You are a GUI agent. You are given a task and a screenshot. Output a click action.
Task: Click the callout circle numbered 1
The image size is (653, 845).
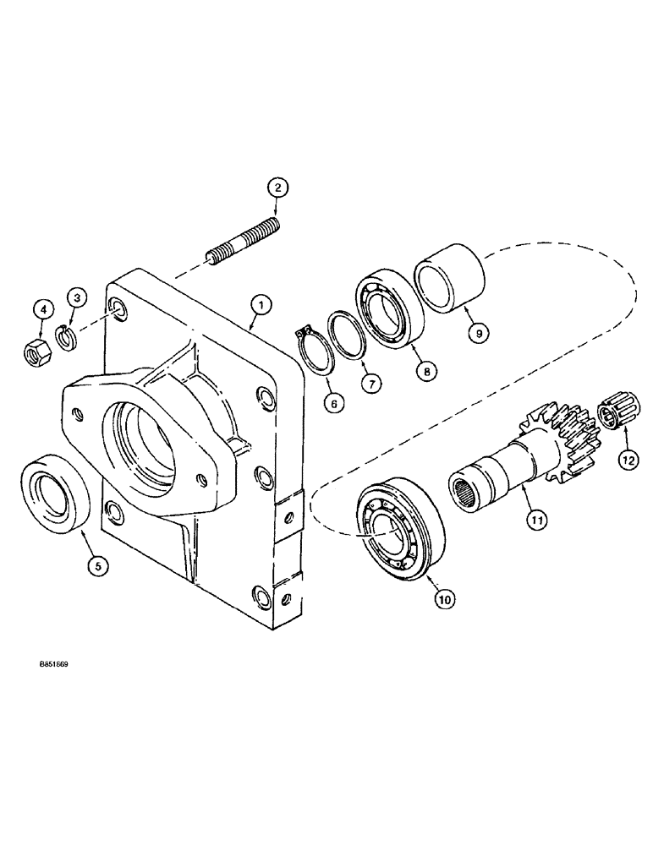261,304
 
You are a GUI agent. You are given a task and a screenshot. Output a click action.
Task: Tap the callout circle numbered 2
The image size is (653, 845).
278,188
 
